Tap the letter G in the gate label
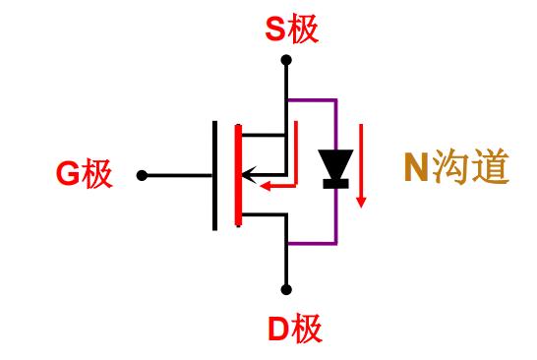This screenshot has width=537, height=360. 67,175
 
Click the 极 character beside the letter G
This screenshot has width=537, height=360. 97,175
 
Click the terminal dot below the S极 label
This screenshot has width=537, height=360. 286,60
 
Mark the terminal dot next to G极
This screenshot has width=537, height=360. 143,175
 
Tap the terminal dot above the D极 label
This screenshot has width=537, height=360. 286,289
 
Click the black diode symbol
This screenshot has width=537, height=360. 335,169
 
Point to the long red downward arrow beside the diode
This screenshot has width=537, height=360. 361,162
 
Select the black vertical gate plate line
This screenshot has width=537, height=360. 215,175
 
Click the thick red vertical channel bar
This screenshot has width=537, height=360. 237,175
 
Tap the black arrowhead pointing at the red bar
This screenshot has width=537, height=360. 248,176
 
